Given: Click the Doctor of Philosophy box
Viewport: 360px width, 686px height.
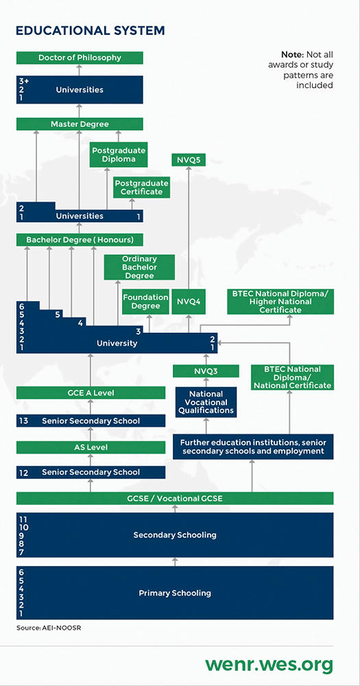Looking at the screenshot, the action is (x=80, y=58).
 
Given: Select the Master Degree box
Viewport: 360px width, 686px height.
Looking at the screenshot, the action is (x=80, y=124).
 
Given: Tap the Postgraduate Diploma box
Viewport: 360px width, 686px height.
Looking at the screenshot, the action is (x=119, y=154).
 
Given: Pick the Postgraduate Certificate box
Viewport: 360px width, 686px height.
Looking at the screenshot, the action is (x=142, y=187).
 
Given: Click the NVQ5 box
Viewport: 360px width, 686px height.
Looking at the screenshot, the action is (x=189, y=160).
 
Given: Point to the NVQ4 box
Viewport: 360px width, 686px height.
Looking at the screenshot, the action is (x=189, y=301).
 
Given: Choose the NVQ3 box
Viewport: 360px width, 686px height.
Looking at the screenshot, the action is (x=206, y=371).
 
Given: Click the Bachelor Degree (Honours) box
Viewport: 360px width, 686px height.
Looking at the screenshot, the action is (x=80, y=239).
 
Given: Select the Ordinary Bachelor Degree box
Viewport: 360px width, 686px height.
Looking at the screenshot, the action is (x=139, y=268).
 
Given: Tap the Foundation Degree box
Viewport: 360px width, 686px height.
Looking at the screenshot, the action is (x=145, y=301).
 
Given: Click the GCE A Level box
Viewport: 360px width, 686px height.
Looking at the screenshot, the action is (x=91, y=393).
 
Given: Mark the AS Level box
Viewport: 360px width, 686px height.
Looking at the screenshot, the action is (x=91, y=447).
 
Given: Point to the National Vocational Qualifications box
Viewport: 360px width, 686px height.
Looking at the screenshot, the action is (x=206, y=402).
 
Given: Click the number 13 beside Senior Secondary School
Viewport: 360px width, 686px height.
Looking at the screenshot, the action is (x=24, y=421).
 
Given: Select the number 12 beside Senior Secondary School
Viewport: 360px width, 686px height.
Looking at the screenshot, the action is (x=24, y=473).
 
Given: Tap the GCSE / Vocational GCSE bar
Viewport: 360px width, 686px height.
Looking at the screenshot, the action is (x=175, y=498).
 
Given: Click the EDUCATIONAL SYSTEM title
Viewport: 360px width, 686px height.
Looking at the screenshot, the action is (x=90, y=31).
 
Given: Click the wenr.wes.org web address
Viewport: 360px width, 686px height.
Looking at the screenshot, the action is (x=269, y=665).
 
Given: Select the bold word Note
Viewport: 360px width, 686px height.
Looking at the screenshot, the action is (x=291, y=55).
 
